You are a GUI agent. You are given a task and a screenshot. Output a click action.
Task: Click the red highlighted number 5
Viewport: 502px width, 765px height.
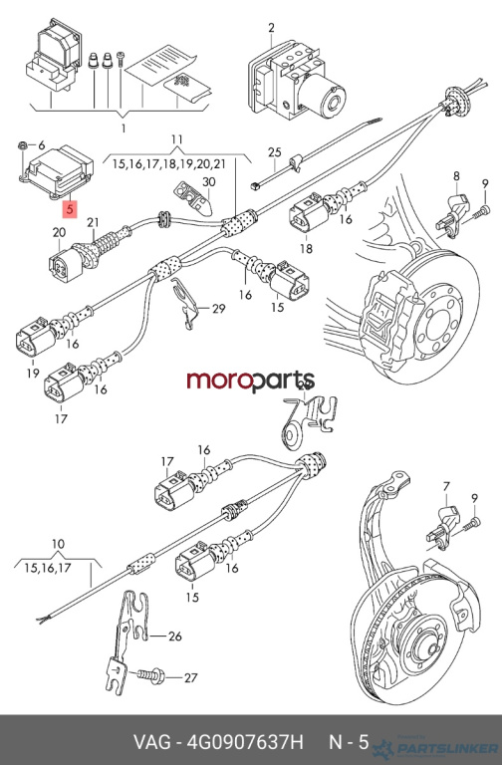pos(70,210)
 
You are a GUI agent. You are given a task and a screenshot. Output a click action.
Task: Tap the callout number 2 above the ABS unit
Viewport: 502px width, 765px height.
pos(271,28)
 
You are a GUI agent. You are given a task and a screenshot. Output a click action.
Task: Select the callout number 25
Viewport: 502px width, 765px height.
pos(275,151)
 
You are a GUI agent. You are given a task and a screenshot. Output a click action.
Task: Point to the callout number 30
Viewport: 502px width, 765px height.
pos(209,182)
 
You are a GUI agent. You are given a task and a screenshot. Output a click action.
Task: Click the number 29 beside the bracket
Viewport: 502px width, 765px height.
pos(218,309)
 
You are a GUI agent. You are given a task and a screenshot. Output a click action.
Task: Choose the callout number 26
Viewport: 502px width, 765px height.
pos(174,637)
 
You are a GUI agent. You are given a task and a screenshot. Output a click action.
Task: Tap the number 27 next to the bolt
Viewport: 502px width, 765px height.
pos(190,677)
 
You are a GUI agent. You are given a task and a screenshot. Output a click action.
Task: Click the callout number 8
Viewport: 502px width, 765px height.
pos(456,175)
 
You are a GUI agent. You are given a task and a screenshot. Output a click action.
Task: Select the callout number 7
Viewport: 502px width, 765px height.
pos(446,486)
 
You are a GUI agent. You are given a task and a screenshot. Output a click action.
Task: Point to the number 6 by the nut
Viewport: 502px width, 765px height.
pos(42,144)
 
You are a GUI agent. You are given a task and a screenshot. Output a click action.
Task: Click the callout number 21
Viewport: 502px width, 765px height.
pos(93,222)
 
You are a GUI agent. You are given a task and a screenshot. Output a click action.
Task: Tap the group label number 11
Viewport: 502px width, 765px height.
pos(176,139)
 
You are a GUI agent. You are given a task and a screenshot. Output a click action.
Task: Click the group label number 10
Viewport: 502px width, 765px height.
pos(58,544)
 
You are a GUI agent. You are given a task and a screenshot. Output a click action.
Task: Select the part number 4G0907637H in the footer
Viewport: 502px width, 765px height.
pos(245,742)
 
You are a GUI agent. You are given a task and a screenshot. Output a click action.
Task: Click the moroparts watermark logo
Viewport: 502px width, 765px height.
pos(251,381)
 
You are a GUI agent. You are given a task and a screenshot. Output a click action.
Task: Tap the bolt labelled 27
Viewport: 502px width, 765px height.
pos(151,675)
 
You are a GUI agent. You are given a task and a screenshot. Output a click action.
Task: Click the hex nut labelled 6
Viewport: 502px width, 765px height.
pos(22,144)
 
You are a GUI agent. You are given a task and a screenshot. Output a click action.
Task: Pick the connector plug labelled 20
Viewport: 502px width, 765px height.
pos(66,265)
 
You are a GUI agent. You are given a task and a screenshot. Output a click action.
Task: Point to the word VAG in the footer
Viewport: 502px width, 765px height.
pos(152,742)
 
